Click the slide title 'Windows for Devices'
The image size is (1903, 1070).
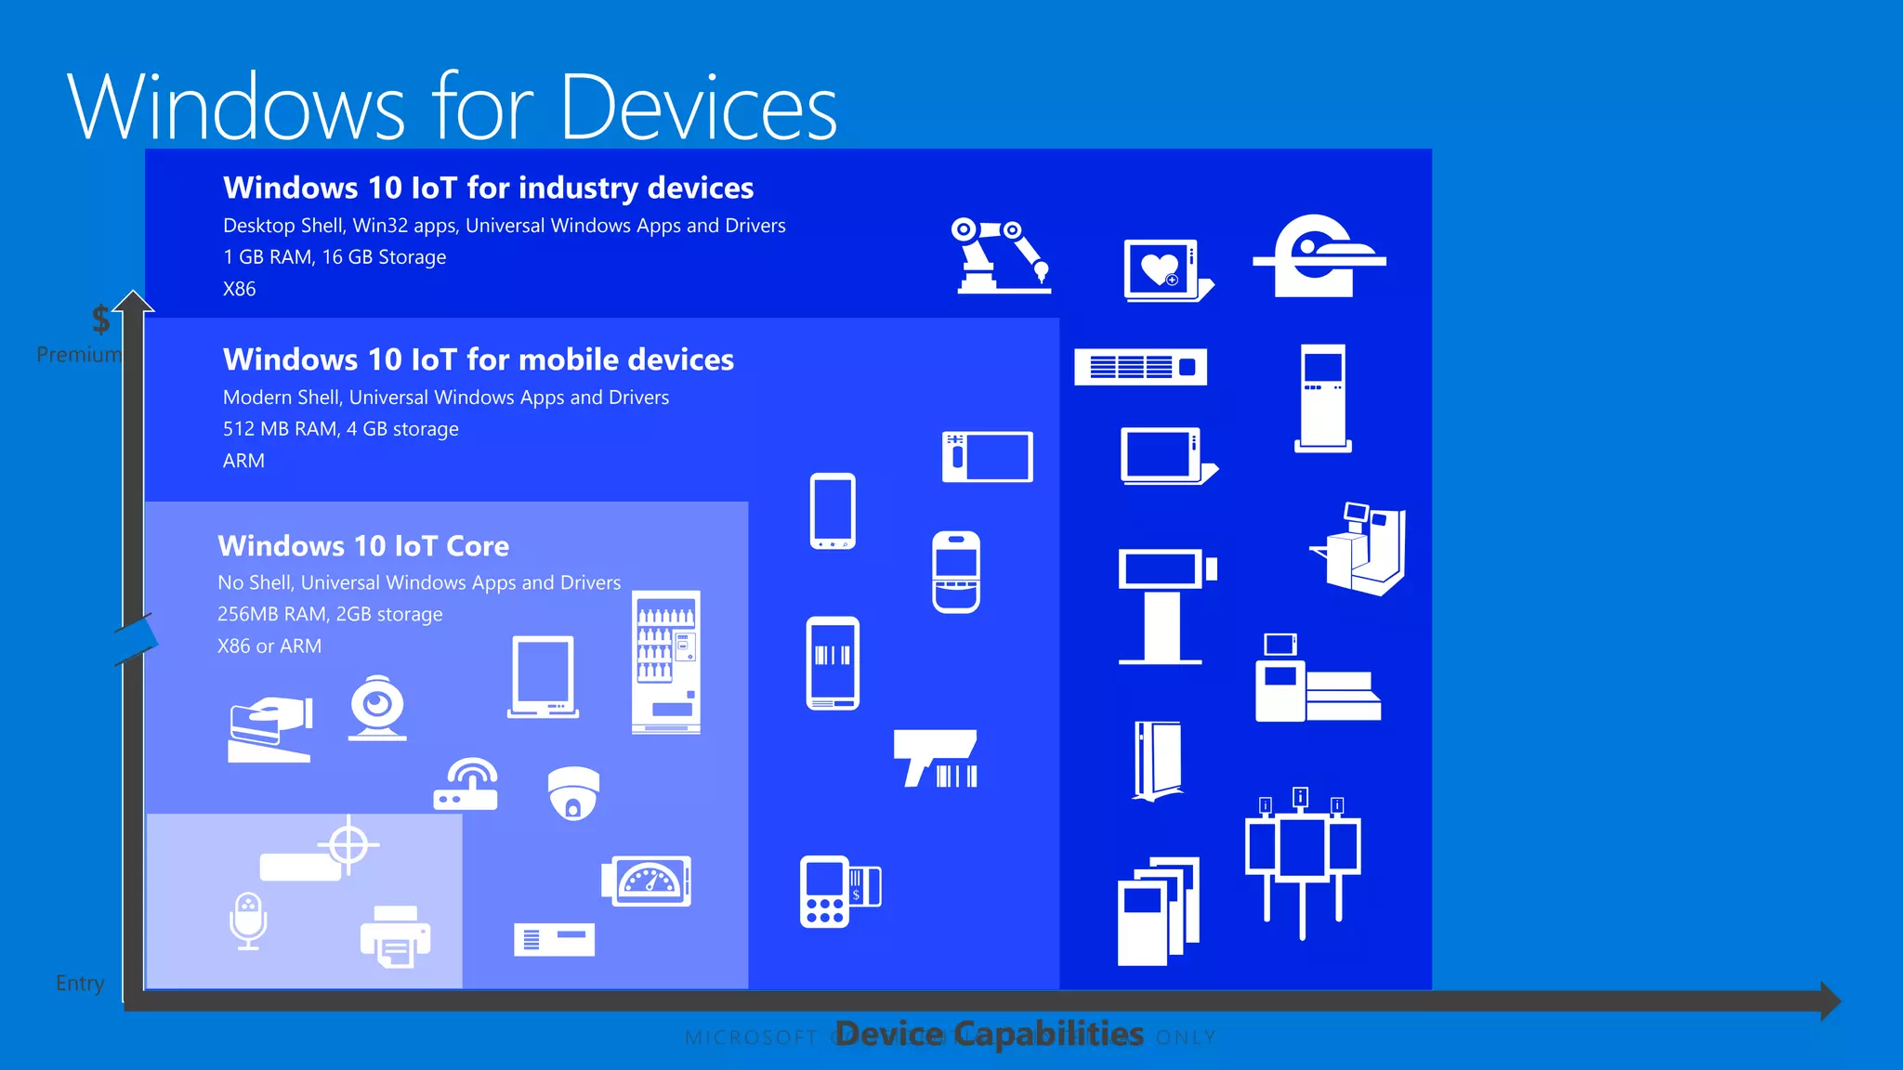(453, 108)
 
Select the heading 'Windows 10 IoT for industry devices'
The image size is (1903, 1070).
(488, 188)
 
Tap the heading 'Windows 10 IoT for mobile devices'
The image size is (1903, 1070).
(478, 359)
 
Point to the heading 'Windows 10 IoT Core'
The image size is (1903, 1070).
(363, 545)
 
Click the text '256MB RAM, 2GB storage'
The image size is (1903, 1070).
(330, 614)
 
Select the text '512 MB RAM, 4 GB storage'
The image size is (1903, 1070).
(340, 429)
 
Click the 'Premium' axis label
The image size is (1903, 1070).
(79, 354)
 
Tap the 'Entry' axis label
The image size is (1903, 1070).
(80, 983)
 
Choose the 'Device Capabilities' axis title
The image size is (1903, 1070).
(990, 1034)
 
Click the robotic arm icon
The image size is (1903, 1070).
(1002, 256)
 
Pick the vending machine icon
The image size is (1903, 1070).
(666, 662)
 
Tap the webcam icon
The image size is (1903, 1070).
(377, 708)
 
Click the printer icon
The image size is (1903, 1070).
(396, 935)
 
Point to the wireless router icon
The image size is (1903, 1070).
(466, 785)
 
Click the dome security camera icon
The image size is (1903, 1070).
(573, 793)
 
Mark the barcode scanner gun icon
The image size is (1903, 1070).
(936, 758)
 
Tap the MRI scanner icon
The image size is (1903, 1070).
(1319, 256)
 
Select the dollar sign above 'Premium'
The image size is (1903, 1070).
(100, 320)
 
